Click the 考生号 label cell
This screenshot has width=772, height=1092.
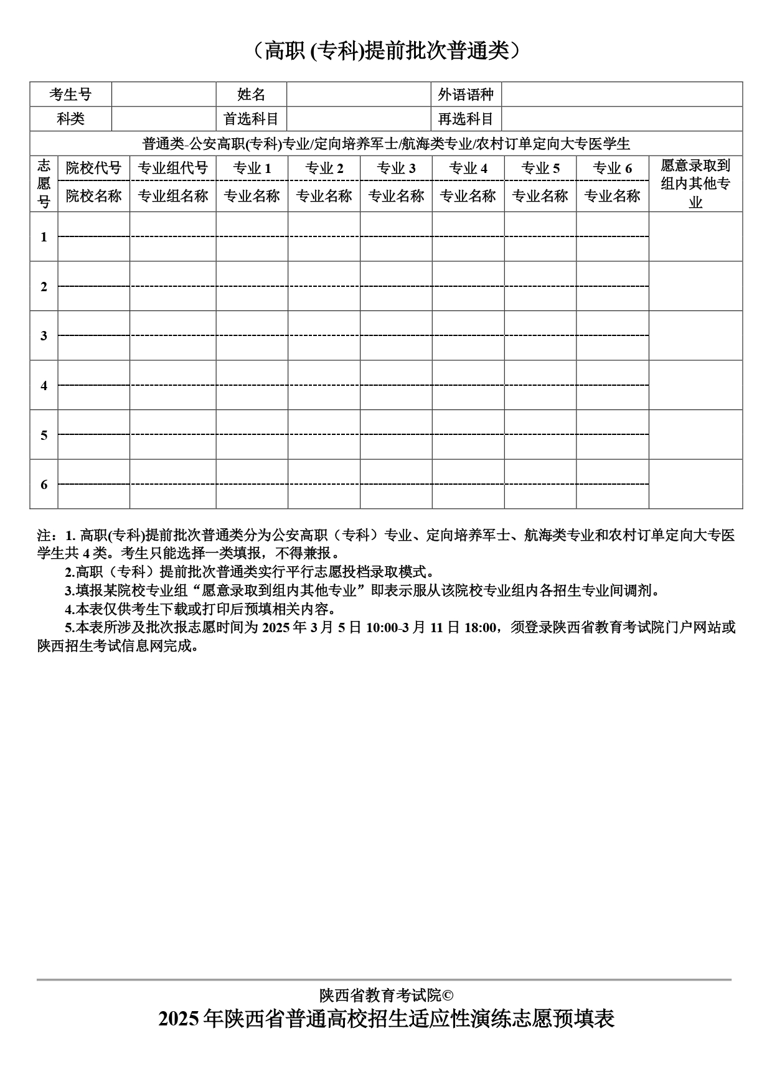70,95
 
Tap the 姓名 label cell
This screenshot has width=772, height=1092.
251,95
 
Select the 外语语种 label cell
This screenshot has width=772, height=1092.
466,95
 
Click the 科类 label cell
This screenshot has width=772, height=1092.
70,119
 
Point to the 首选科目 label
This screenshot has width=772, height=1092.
251,119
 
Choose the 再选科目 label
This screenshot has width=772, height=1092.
466,119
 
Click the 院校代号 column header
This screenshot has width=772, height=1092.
93,168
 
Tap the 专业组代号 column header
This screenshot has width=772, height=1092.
172,168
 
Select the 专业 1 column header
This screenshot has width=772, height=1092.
252,168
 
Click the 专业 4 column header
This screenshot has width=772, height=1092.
468,168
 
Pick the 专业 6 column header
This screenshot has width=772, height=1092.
612,168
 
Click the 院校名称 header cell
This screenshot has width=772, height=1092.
93,196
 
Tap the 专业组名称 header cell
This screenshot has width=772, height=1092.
172,196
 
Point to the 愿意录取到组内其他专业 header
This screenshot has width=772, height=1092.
695,184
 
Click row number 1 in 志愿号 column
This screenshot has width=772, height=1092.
44,236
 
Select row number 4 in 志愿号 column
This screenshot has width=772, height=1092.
44,385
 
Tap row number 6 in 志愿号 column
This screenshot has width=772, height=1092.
44,484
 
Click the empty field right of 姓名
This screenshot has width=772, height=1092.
359,95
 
